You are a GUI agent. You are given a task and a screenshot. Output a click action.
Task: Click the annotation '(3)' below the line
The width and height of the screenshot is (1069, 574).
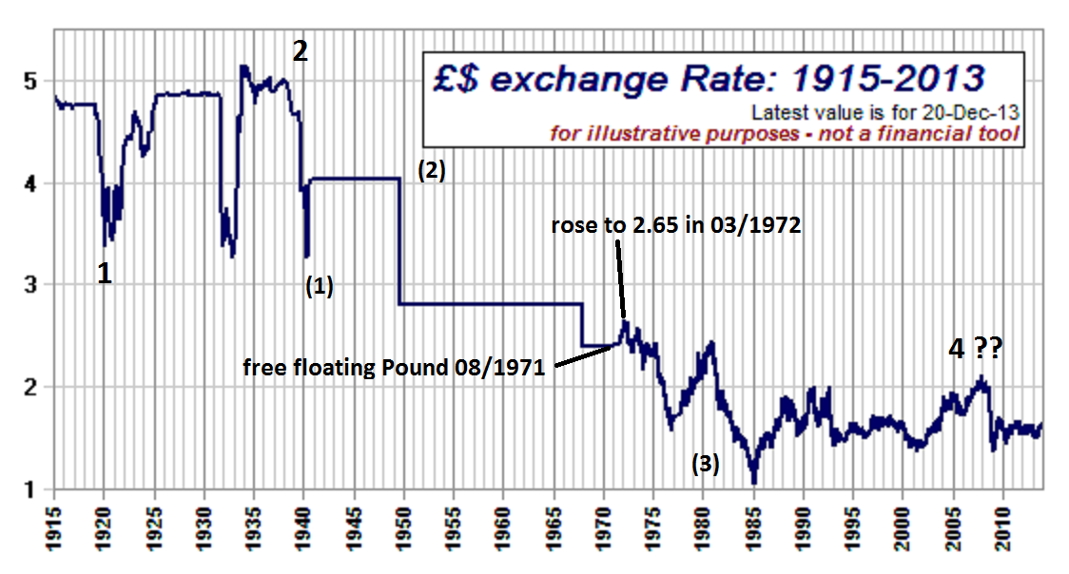705,464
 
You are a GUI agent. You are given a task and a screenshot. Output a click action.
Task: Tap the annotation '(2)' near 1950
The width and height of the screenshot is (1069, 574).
431,171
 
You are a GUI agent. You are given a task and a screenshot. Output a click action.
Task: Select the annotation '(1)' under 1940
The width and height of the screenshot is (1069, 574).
319,286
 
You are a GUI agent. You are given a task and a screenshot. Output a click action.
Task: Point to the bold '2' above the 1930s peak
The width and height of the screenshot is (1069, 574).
300,51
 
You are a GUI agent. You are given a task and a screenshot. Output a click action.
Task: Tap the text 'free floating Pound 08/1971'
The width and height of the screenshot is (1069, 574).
394,368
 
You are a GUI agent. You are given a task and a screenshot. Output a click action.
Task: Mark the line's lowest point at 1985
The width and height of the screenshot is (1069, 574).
753,481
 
